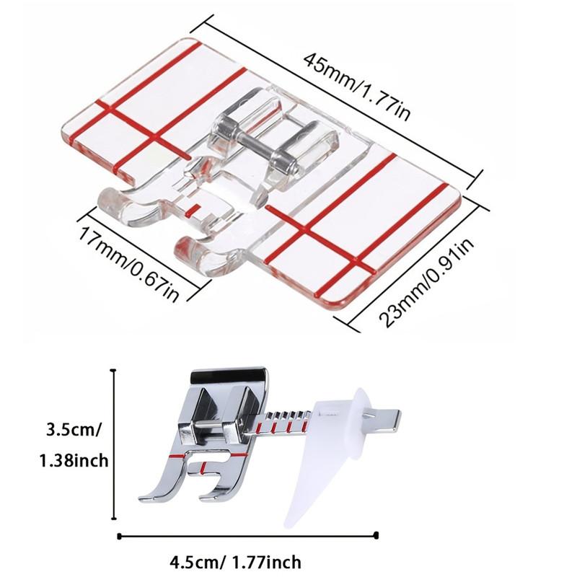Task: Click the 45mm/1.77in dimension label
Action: (356, 87)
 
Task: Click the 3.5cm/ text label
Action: (73, 429)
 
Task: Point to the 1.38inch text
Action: (74, 460)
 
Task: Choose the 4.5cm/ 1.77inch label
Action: (236, 562)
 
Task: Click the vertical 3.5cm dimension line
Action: (114, 444)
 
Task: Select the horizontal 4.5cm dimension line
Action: (247, 536)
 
